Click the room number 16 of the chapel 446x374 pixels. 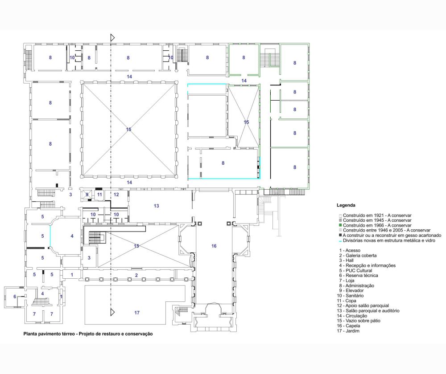pos(214,246)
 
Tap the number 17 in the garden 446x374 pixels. pos(137,313)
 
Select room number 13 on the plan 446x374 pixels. pos(156,206)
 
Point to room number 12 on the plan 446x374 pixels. pos(116,195)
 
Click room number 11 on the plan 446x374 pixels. pos(99,195)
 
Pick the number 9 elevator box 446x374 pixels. pos(87,195)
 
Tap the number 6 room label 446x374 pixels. pos(15,297)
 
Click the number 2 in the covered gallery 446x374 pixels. pos(136,275)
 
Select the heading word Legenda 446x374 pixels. pos(346,205)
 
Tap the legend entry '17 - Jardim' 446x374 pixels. pos(348,331)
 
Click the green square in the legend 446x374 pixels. pos(340,225)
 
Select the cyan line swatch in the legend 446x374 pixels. pos(340,241)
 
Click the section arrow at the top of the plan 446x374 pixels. pos(113,37)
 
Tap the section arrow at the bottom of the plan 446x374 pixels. pos(113,313)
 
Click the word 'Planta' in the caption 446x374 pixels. pos(30,334)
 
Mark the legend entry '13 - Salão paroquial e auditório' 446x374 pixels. pos(368,311)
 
